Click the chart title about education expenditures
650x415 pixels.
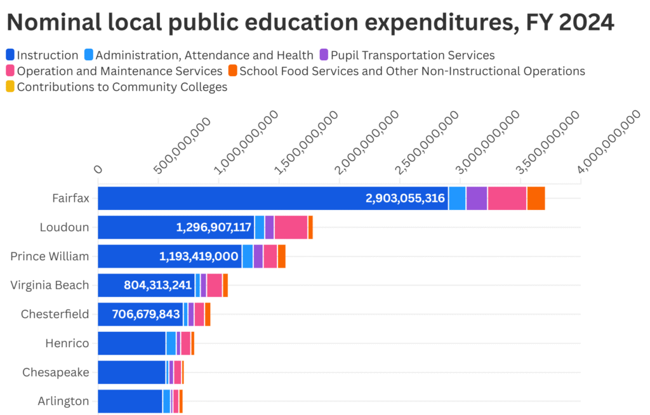(x=310, y=23)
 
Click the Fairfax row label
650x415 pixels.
(x=70, y=198)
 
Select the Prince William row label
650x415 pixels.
(x=50, y=256)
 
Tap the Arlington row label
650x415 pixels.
(x=63, y=401)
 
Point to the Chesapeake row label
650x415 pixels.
(x=56, y=372)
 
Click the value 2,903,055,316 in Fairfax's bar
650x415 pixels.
(x=405, y=199)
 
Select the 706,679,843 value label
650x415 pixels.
(x=146, y=314)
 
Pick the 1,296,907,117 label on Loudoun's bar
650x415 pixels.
(x=214, y=227)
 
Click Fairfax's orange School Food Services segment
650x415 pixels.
(x=536, y=198)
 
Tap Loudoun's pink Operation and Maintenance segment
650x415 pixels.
(x=291, y=227)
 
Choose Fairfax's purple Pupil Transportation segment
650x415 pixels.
(x=477, y=198)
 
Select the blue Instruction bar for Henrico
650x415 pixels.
(x=131, y=343)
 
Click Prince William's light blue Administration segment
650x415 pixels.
(x=248, y=256)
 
